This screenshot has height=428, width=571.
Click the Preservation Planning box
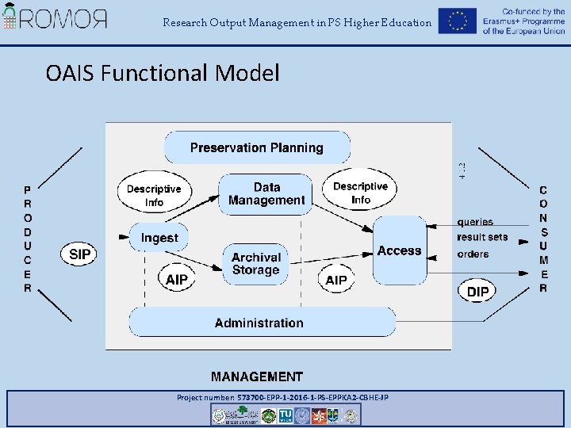point(257,147)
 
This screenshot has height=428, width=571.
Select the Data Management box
point(266,193)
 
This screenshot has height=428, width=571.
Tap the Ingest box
point(159,237)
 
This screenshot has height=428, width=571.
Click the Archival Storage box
point(255,264)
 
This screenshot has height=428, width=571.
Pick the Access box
point(399,250)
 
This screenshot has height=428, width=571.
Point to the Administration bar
point(259,323)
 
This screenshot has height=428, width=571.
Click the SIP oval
point(80,254)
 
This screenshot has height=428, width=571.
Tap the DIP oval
point(478,291)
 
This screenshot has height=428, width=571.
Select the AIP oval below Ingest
point(177,280)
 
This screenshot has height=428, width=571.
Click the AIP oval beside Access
point(336,280)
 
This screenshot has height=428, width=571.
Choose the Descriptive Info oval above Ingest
point(154,195)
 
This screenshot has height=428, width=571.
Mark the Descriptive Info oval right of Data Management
point(361,193)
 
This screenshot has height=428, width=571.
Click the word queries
point(475,222)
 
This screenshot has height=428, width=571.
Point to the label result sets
point(482,237)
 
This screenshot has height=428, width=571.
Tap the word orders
point(473,254)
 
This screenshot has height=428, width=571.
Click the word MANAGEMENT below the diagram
point(257,376)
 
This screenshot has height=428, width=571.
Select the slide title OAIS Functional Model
point(163,74)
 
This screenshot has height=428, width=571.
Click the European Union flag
point(457,21)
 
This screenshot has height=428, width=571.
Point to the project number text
point(282,397)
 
